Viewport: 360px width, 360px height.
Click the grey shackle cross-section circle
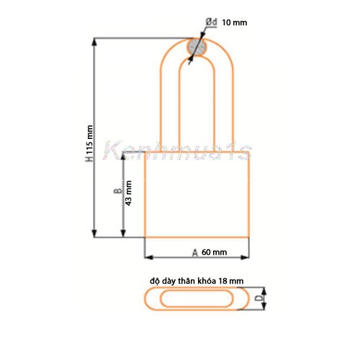pyautogui.click(x=197, y=48)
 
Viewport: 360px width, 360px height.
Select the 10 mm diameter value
pyautogui.click(x=235, y=23)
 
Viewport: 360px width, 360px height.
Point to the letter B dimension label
pyautogui.click(x=116, y=192)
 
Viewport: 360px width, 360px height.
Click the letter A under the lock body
pyautogui.click(x=194, y=252)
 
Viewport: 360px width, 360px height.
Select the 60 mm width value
pyautogui.click(x=215, y=252)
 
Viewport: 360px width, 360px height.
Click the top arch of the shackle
pyautogui.click(x=197, y=37)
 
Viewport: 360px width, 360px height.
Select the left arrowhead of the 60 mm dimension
pyautogui.click(x=148, y=257)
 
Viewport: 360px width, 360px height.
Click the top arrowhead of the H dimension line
pyautogui.click(x=95, y=41)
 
